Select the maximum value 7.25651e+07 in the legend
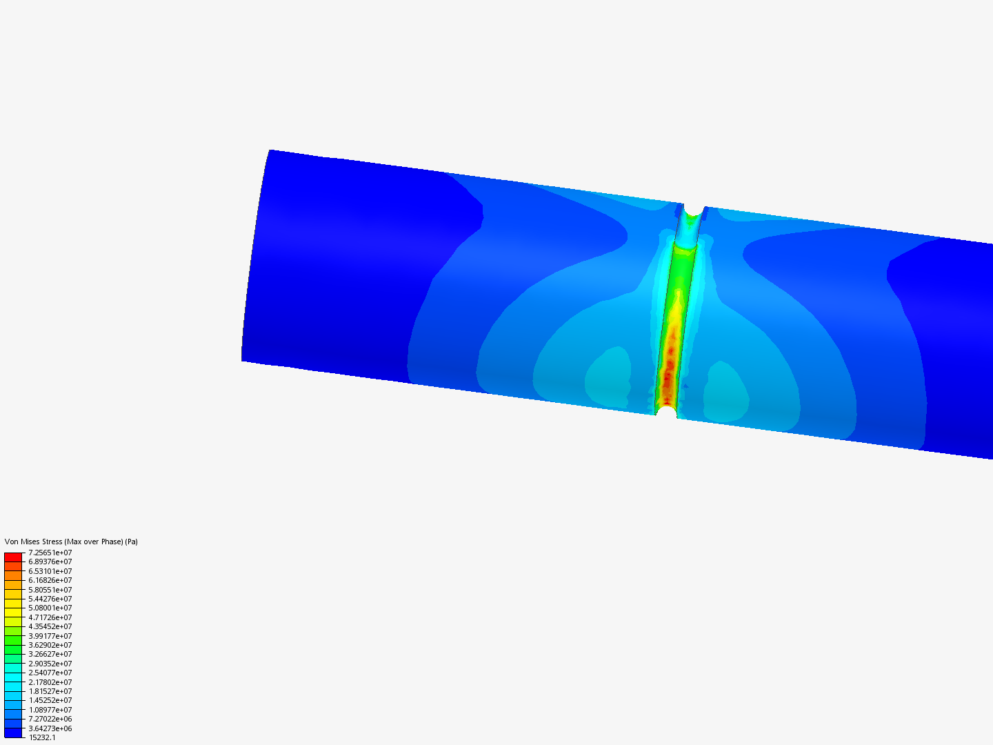coord(50,553)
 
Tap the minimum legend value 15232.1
coord(42,737)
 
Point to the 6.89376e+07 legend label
coord(50,562)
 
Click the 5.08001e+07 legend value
coord(50,608)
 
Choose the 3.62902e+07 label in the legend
coord(50,645)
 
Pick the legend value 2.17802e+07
coord(50,682)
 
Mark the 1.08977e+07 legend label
coord(50,710)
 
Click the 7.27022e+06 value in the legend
coord(50,719)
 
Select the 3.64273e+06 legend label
coord(50,728)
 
